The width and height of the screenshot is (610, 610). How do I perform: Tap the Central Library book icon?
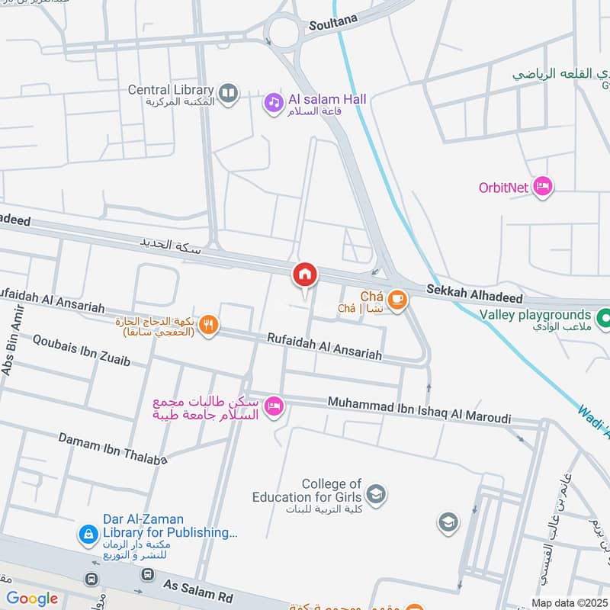(228, 94)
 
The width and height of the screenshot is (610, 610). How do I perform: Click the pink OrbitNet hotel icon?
(542, 186)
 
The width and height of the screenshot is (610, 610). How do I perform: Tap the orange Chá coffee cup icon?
(396, 300)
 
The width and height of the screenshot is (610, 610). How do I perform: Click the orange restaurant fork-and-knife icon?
(208, 326)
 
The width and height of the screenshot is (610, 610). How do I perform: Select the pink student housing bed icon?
(274, 407)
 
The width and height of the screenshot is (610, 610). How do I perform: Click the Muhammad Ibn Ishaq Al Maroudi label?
(419, 409)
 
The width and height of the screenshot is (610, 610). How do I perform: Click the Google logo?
(32, 599)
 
